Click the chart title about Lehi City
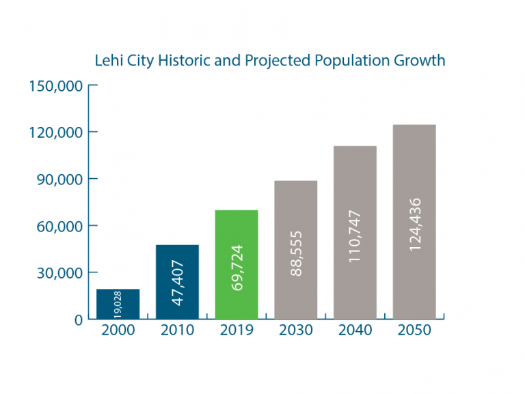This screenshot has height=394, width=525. pyautogui.click(x=269, y=60)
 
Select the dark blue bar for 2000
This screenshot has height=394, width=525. pyautogui.click(x=118, y=304)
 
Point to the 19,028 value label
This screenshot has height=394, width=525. pyautogui.click(x=118, y=304)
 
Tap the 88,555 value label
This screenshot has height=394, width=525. pyautogui.click(x=296, y=253)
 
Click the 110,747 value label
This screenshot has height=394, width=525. pyautogui.click(x=355, y=237)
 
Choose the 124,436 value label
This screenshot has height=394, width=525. pyautogui.click(x=414, y=224)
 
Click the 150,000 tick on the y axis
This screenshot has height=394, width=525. pyautogui.click(x=55, y=85)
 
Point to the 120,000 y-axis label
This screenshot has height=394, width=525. pyautogui.click(x=55, y=132)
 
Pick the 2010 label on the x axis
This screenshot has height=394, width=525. pyautogui.click(x=177, y=331)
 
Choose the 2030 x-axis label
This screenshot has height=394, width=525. pyautogui.click(x=296, y=331)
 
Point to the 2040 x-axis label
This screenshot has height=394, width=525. pyautogui.click(x=355, y=331)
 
